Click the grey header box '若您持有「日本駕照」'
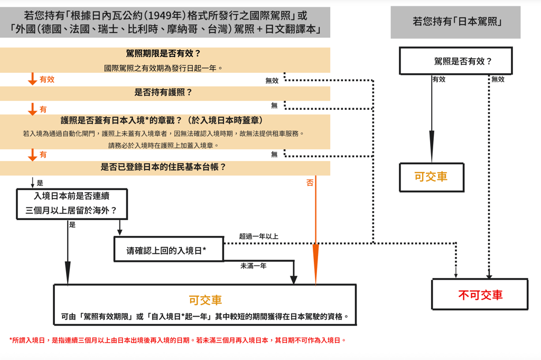click(455, 22)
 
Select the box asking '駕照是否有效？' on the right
click(455, 61)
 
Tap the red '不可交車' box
click(480, 295)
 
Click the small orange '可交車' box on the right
click(431, 177)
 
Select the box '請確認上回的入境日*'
click(169, 250)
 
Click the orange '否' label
click(310, 183)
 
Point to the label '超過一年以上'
click(258, 236)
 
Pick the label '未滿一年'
click(253, 266)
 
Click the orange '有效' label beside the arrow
click(47, 80)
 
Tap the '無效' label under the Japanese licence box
click(498, 80)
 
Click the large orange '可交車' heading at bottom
click(205, 300)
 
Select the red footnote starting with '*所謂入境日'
click(178, 340)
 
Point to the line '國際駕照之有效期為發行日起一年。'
click(164, 68)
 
